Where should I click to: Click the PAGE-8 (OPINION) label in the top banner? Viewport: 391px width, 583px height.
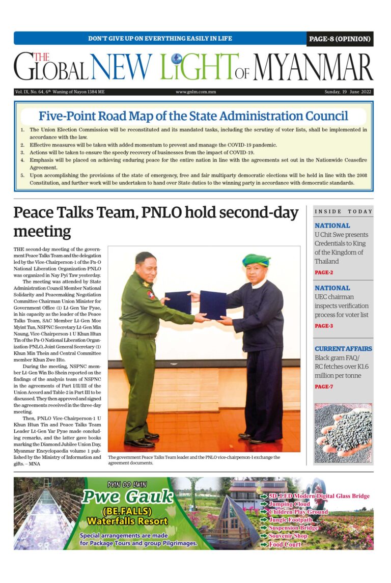pyautogui.click(x=340, y=39)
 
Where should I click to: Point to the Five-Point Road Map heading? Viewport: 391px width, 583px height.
pyautogui.click(x=193, y=116)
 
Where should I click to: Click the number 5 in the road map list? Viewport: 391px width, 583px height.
pyautogui.click(x=22, y=175)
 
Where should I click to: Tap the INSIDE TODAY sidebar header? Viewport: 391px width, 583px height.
pyautogui.click(x=344, y=211)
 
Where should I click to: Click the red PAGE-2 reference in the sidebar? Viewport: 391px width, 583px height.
pyautogui.click(x=324, y=273)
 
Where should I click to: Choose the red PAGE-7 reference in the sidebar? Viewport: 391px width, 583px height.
pyautogui.click(x=324, y=387)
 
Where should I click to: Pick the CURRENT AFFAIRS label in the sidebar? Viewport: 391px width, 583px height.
pyautogui.click(x=343, y=349)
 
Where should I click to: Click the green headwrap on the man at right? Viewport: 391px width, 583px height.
pyautogui.click(x=256, y=260)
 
